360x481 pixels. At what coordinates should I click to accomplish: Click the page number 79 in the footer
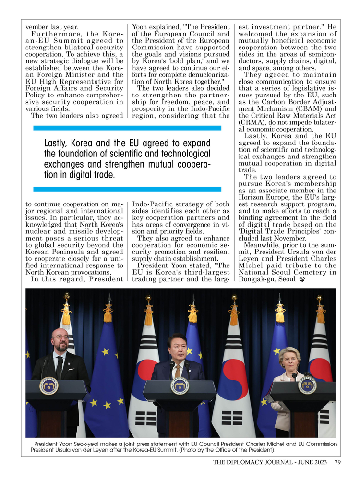pos(337,462)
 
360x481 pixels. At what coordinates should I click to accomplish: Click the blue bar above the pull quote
pos(127,128)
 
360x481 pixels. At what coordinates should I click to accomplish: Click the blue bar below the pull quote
pos(127,189)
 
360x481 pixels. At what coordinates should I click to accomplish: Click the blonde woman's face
pos(290,358)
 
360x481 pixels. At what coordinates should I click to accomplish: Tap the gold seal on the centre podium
pos(180,386)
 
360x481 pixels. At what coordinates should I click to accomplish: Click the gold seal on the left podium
pos(48,385)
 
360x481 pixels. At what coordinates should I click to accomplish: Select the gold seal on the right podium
pos(307,385)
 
